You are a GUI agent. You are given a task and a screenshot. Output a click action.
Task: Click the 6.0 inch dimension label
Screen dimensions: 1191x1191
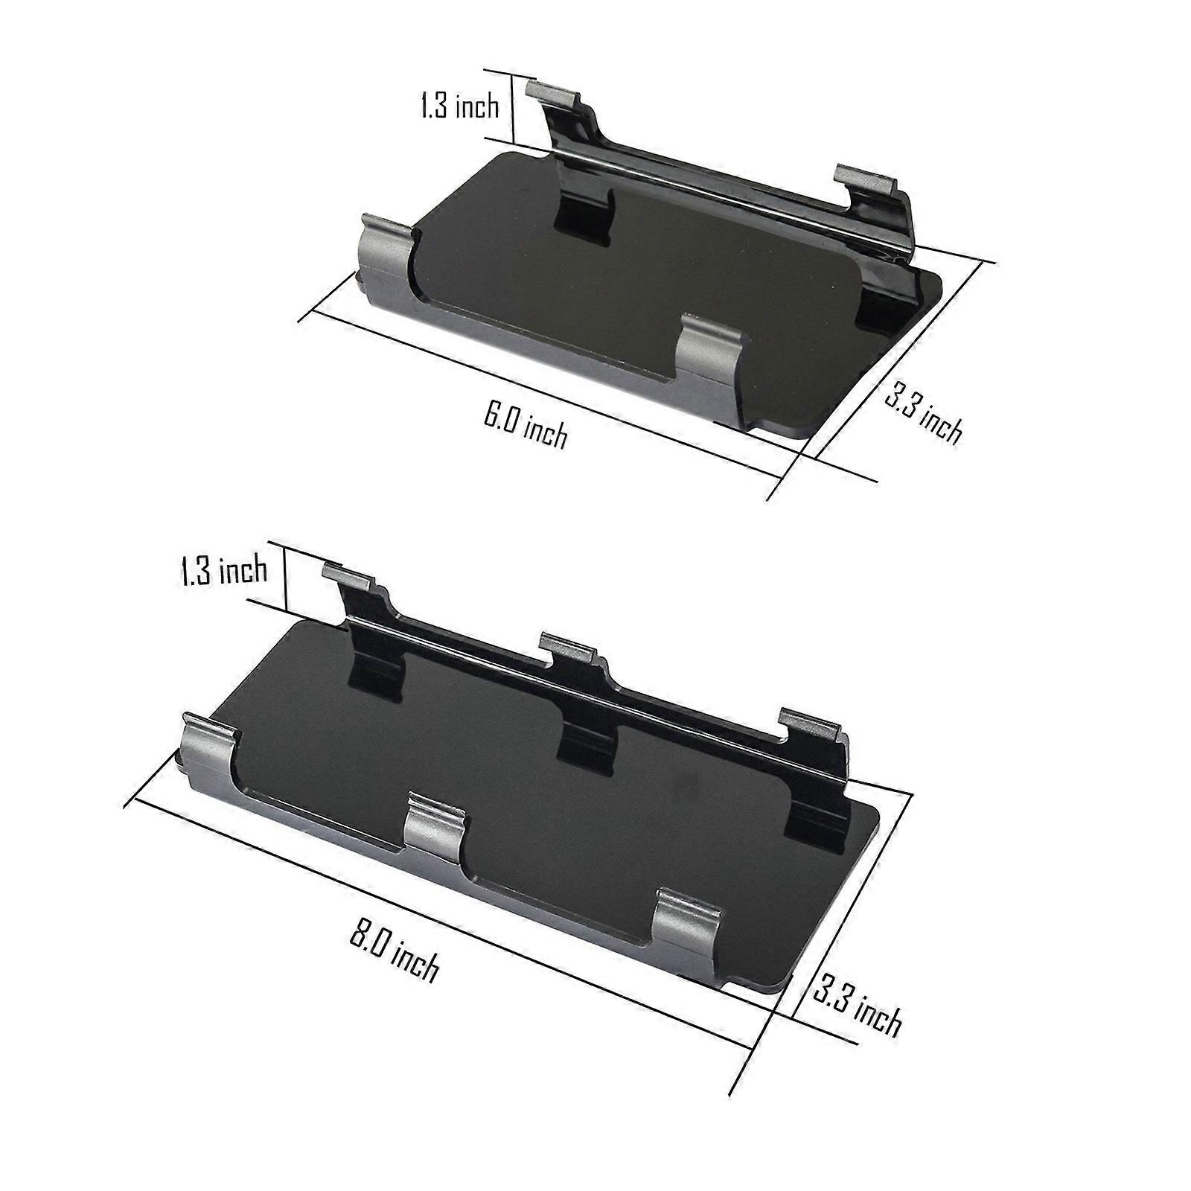click(x=526, y=425)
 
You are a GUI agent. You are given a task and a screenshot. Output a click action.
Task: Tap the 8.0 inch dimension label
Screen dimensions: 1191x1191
click(x=395, y=954)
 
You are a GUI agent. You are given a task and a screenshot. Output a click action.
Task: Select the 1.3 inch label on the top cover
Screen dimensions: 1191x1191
click(x=459, y=106)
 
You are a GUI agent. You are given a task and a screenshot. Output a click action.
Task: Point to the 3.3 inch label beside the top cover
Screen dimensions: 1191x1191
click(x=924, y=412)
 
